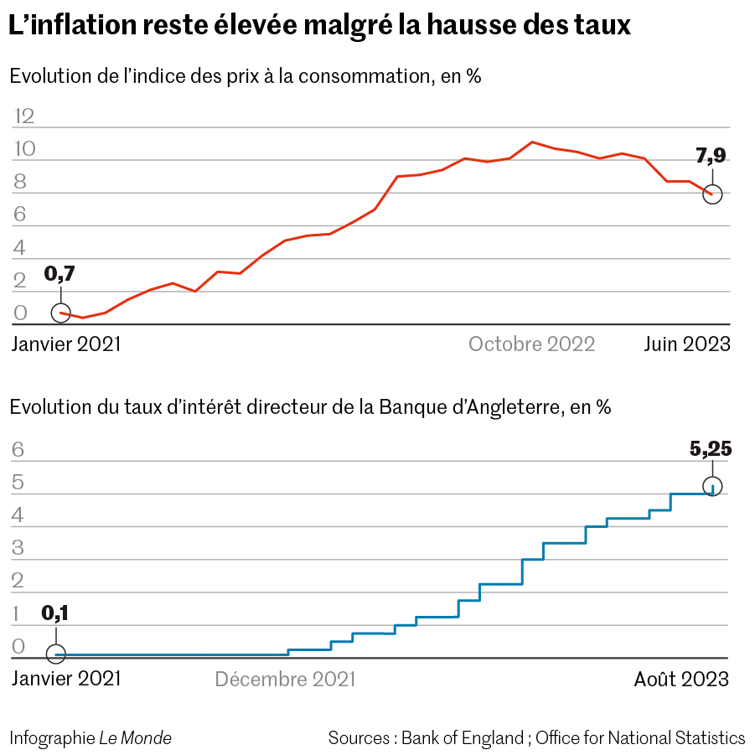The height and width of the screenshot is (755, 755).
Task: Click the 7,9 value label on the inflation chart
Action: (x=711, y=157)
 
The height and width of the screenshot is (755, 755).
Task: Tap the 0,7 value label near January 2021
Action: (x=59, y=274)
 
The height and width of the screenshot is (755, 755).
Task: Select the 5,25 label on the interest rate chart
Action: (x=711, y=449)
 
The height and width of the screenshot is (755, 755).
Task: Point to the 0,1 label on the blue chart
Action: (x=55, y=613)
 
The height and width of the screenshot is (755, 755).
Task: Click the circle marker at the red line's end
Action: (x=712, y=194)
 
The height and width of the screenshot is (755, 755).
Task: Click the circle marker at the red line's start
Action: (x=60, y=313)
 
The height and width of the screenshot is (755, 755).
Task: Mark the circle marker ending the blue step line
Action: (x=712, y=487)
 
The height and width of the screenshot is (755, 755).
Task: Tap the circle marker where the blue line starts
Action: (x=55, y=654)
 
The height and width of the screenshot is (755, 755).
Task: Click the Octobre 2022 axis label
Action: (x=531, y=344)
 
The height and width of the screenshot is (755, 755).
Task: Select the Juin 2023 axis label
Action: (x=686, y=344)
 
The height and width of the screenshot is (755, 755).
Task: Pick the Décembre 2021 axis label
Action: (x=285, y=679)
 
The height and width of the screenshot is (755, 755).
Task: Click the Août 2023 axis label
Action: (x=680, y=679)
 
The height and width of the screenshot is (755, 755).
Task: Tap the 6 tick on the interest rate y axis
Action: (x=18, y=450)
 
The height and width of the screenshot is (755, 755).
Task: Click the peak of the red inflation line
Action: (x=533, y=142)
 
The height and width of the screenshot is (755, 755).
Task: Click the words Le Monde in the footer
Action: (x=136, y=738)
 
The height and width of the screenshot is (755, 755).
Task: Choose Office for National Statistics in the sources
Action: (x=640, y=738)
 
